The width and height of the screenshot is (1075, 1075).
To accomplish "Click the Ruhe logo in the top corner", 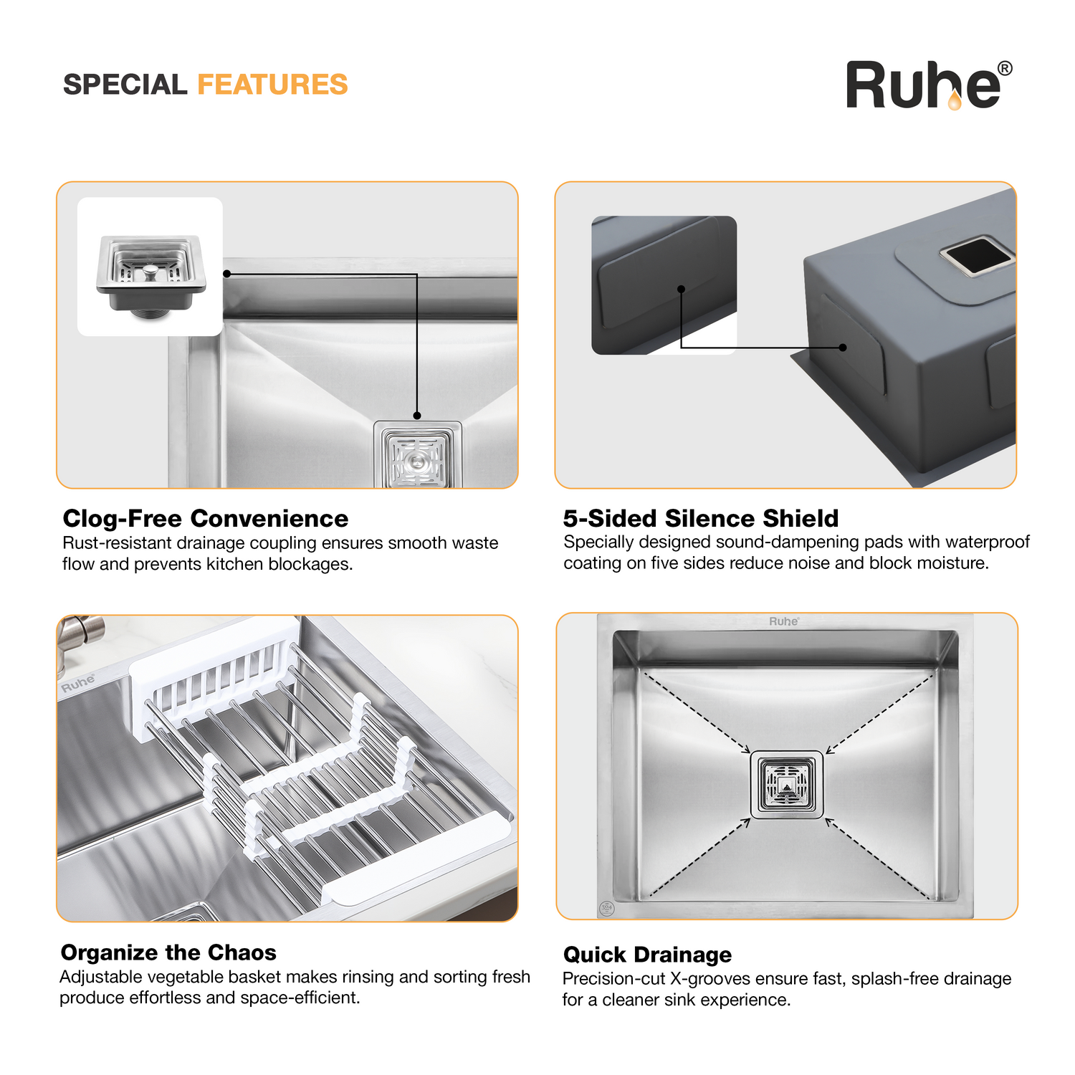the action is (x=929, y=85).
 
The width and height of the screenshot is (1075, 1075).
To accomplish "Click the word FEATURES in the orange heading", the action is (x=272, y=85).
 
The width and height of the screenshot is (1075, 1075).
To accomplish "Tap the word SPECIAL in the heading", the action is (x=125, y=85).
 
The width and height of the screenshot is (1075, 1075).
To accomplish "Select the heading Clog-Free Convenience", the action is (x=206, y=518).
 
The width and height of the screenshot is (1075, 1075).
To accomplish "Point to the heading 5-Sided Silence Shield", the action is (x=701, y=518).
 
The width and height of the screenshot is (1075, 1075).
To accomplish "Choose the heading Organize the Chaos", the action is (x=168, y=952).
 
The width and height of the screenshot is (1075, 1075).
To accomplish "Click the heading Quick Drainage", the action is (x=647, y=955).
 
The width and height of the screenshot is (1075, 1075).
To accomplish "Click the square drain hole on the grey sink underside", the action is (x=978, y=257).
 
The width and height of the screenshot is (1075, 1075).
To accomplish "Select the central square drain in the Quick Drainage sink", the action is (x=787, y=784).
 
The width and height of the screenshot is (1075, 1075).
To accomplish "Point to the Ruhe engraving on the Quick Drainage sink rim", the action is (x=784, y=621).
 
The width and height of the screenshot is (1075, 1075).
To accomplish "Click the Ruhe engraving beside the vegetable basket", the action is (x=78, y=682).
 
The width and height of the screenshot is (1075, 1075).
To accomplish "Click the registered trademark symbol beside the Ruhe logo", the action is (x=1005, y=69).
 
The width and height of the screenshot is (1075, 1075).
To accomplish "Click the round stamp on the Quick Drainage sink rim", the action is (x=607, y=909).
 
